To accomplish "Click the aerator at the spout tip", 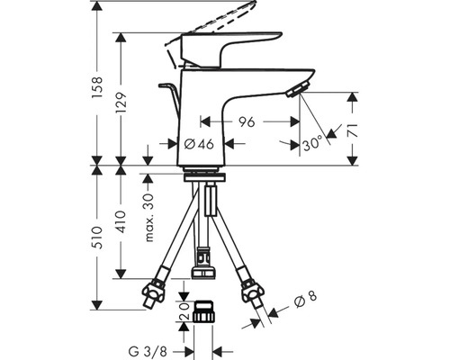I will click(x=295, y=87).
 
